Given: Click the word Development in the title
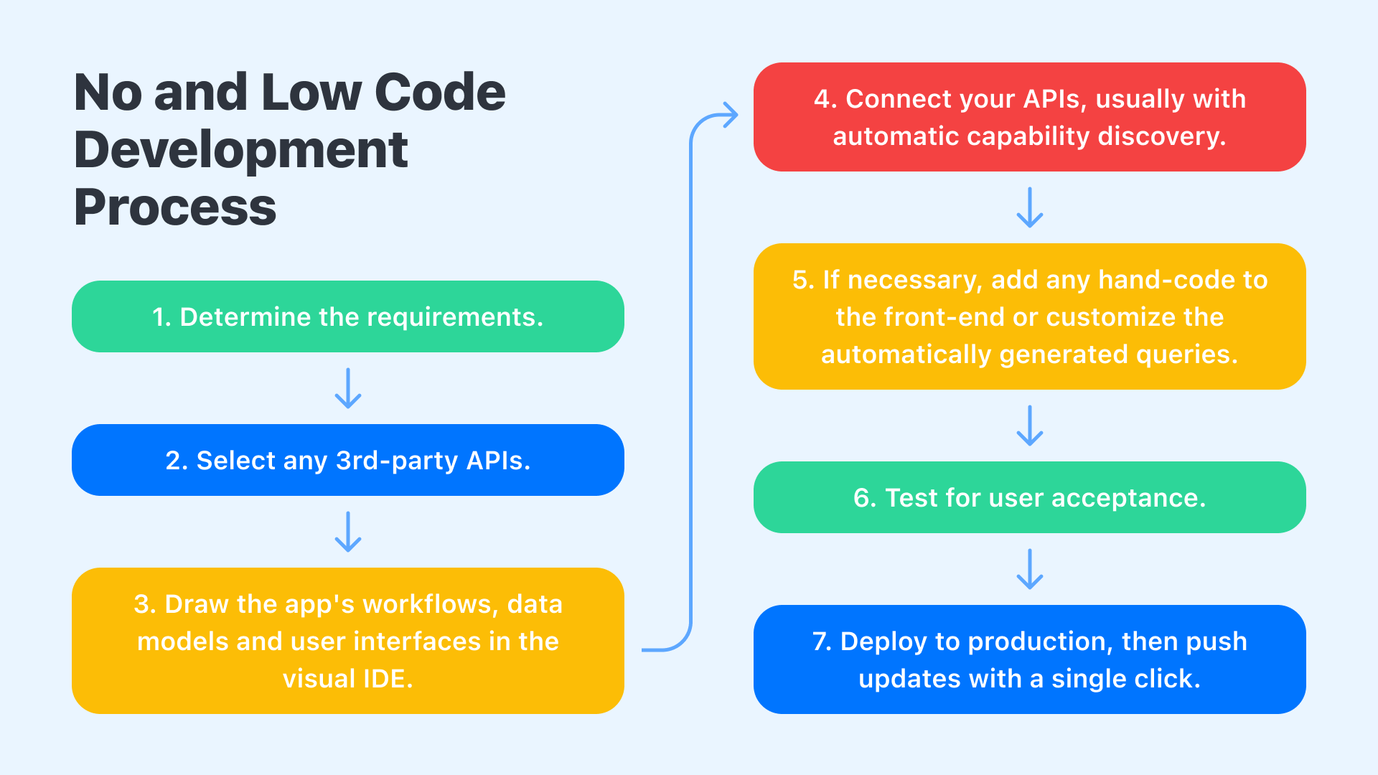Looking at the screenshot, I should tap(241, 151).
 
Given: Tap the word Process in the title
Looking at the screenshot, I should tap(175, 208).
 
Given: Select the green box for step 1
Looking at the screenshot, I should tap(347, 316).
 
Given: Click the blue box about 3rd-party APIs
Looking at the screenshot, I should tap(347, 460).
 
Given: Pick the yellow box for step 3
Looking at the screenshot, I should tap(347, 641).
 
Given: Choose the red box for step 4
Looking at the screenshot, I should tap(1029, 117).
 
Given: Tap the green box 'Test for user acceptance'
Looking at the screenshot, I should tap(1029, 497).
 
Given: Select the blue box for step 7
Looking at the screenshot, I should tap(1029, 659).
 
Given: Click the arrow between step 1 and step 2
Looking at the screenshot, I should tap(348, 388).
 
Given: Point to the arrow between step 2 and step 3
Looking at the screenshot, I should tap(348, 532).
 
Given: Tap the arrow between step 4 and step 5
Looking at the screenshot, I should tap(1030, 207).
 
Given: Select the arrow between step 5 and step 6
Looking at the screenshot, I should tap(1030, 426).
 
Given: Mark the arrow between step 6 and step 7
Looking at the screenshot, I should tap(1030, 569).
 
